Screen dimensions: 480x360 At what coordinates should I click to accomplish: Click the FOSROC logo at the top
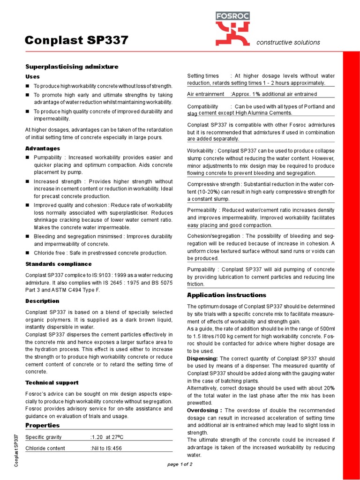[x=232, y=28]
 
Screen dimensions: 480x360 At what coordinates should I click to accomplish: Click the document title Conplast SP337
[x=76, y=40]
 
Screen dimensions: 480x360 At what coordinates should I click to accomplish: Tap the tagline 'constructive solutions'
[x=288, y=43]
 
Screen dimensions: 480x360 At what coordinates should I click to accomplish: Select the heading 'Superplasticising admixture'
[x=71, y=67]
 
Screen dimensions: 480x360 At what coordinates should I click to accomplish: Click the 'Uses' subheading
[x=32, y=76]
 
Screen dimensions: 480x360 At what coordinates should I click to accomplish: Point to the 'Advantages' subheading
[x=42, y=148]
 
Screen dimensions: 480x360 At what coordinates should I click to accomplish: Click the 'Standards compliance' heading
[x=58, y=264]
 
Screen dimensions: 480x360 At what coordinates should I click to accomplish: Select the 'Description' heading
[x=42, y=300]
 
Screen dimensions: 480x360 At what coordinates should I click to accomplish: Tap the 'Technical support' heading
[x=52, y=382]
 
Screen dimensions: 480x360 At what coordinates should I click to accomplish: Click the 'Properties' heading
[x=42, y=425]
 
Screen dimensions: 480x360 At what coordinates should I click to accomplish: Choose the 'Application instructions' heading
[x=226, y=295]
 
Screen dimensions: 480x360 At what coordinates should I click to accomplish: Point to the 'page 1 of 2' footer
[x=180, y=464]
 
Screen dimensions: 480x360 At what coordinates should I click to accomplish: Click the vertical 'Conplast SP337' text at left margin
[x=17, y=450]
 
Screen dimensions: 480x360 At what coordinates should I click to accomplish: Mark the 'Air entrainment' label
[x=205, y=94]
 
